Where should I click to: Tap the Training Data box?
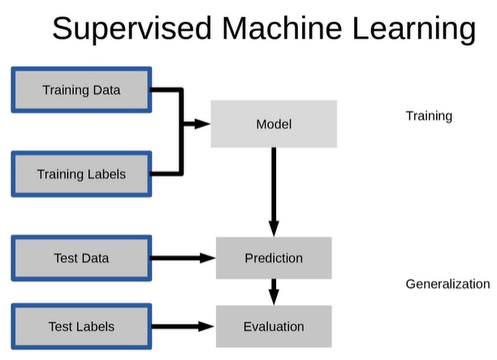coord(81,90)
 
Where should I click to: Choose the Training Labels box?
coord(81,174)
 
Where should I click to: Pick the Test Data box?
coord(81,258)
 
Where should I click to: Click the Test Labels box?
coord(81,327)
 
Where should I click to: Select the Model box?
coord(274,124)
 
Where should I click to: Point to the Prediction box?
coord(274,258)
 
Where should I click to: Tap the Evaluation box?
coord(274,327)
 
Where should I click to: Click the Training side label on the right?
coord(429,116)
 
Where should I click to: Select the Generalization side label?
coord(447,284)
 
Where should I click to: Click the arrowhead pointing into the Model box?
coord(203,124)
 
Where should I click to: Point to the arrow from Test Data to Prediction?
coord(183,258)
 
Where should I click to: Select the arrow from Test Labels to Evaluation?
coord(183,327)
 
